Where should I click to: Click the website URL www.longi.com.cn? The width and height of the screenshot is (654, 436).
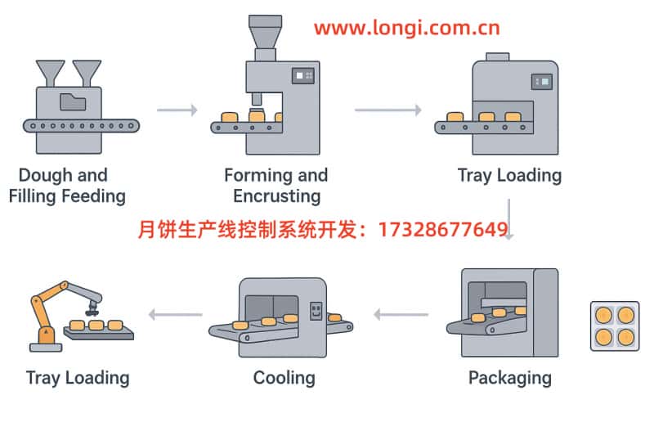click(x=406, y=28)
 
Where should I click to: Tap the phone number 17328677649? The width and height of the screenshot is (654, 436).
click(x=443, y=230)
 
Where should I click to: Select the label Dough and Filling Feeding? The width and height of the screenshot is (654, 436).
click(x=66, y=186)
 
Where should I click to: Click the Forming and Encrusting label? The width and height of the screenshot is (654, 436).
click(x=276, y=186)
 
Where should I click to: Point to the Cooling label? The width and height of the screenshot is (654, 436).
click(x=284, y=378)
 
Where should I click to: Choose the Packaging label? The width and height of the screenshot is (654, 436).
click(x=509, y=378)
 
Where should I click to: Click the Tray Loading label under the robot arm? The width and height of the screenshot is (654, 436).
click(x=78, y=378)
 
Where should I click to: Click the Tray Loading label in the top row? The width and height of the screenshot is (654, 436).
click(x=509, y=175)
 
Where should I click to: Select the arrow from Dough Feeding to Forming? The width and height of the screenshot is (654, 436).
click(x=177, y=110)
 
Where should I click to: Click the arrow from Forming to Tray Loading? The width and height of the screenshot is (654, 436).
click(x=387, y=110)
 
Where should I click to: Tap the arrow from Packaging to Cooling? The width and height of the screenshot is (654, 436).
click(x=401, y=314)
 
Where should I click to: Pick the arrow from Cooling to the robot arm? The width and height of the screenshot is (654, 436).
click(x=175, y=314)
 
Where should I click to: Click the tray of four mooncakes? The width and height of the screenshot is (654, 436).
click(x=614, y=326)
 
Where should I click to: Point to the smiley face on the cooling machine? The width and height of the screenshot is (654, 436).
click(x=316, y=311)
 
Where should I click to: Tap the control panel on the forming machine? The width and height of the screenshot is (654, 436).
click(x=305, y=75)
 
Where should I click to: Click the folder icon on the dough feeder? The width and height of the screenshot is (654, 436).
click(x=72, y=103)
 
